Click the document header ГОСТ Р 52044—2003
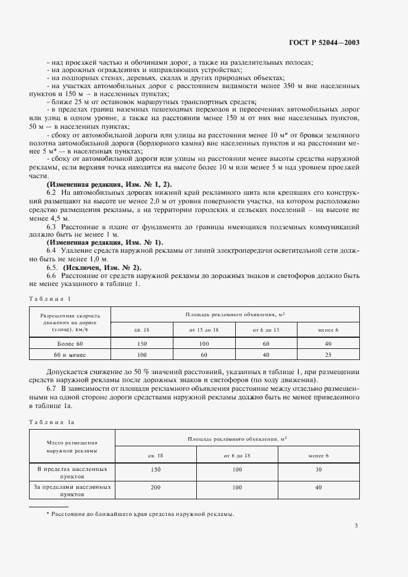pos(323,43)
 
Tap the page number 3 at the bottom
pos(356,526)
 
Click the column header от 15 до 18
pos(204,330)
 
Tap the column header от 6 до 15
pos(267,330)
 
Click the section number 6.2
pos(52,193)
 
